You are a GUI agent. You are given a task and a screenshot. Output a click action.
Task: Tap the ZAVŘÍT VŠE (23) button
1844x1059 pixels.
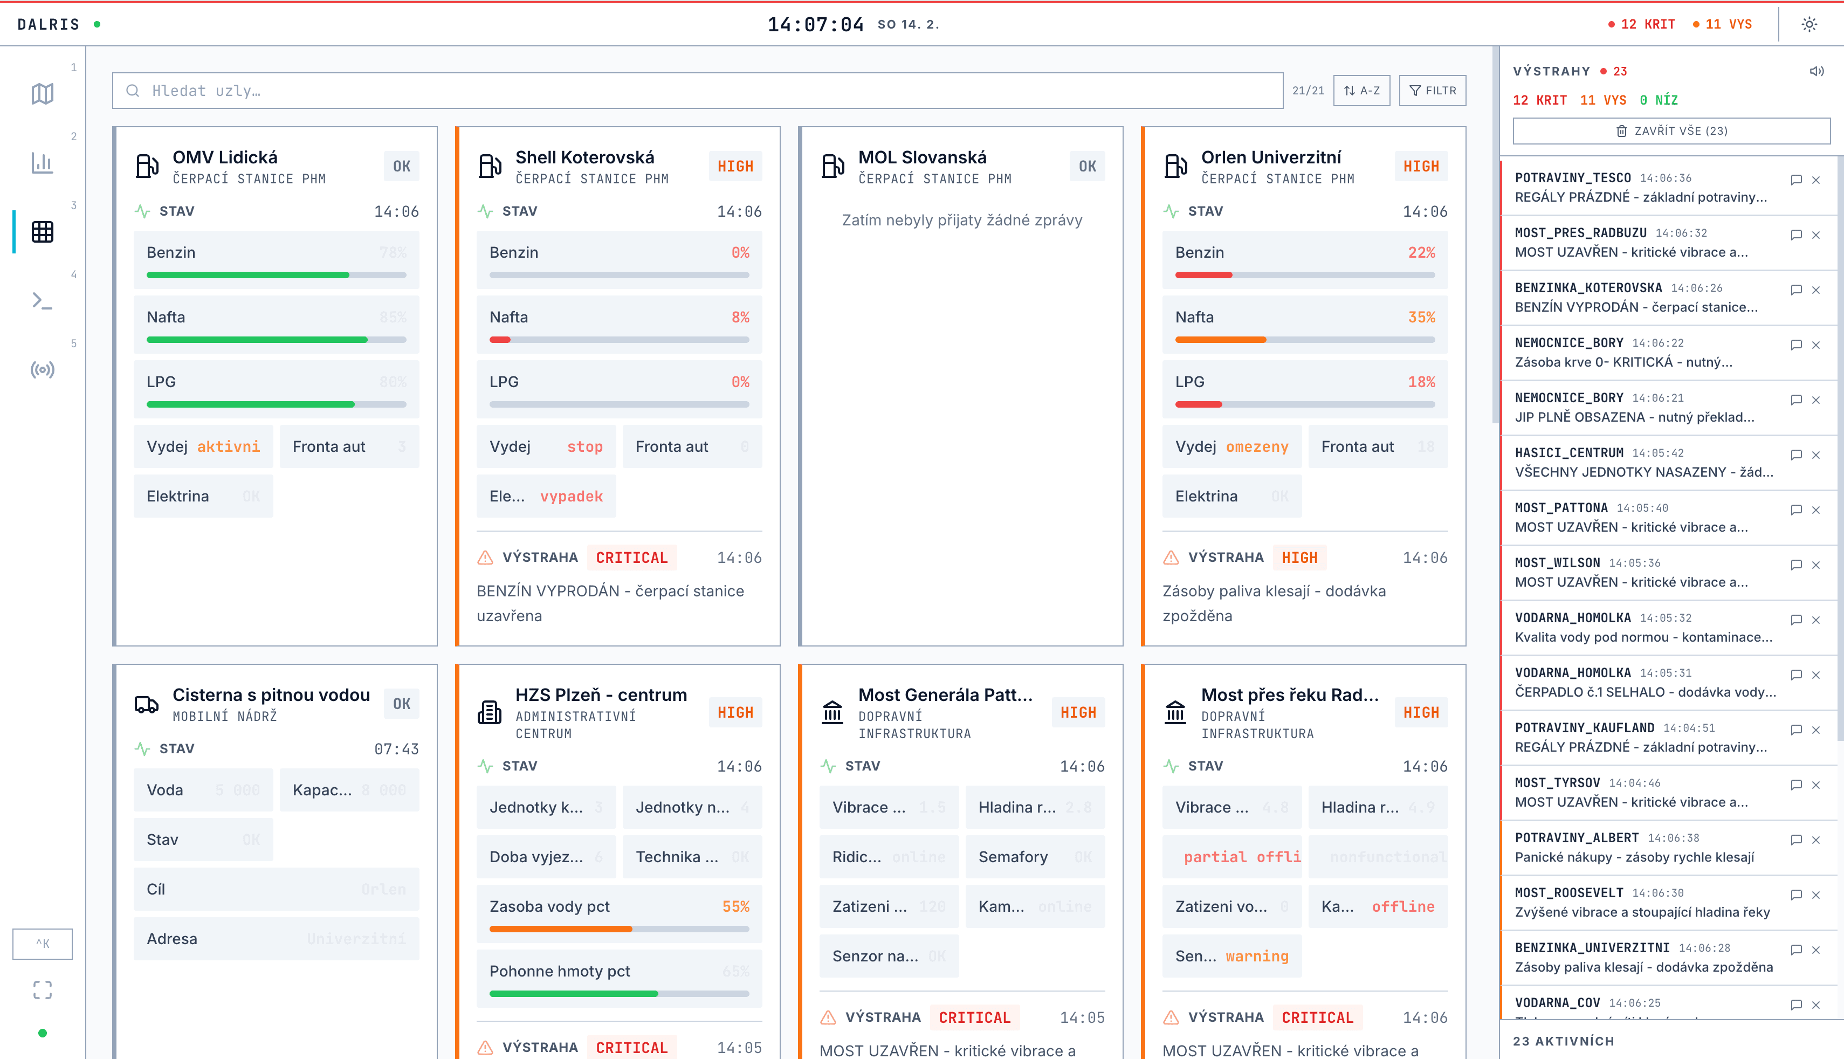[x=1670, y=131]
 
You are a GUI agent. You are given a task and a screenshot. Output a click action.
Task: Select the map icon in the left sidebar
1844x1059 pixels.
[x=42, y=94]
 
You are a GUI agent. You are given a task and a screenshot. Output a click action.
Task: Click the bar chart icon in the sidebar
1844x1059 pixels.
[x=42, y=163]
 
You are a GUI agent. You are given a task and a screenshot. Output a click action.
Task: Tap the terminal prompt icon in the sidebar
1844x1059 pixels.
[x=42, y=301]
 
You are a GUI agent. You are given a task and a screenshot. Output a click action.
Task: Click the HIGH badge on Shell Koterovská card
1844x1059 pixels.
[x=734, y=167]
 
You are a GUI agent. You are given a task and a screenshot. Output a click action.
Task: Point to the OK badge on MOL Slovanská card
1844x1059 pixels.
[x=1086, y=167]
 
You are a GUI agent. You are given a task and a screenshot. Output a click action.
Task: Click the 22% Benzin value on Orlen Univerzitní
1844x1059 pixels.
[x=1421, y=252]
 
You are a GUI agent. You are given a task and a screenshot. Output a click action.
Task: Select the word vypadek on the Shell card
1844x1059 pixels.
[x=571, y=496]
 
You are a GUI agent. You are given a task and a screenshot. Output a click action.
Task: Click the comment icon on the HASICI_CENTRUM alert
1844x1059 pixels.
[x=1795, y=455]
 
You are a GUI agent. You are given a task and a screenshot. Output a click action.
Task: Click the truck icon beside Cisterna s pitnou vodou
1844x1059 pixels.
[x=146, y=704]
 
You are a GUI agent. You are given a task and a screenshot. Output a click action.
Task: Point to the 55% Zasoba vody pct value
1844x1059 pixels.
[x=735, y=906]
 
